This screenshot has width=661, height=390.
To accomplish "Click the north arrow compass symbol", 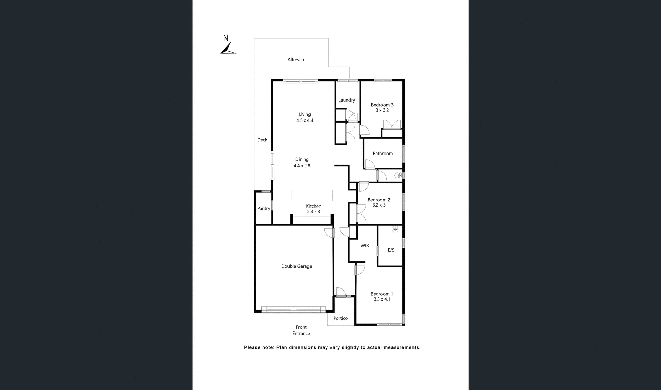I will (x=228, y=49).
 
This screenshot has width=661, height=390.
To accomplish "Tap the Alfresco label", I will (x=296, y=60).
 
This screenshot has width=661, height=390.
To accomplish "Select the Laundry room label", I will (x=346, y=100).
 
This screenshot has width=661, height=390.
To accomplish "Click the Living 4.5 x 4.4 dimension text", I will (x=305, y=120).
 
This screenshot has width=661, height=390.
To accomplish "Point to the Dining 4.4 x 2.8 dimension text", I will (x=302, y=166).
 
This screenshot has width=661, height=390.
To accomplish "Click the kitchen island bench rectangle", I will (x=312, y=195).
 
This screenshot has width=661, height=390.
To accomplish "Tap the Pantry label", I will (x=263, y=208).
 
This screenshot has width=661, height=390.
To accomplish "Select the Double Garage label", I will (x=296, y=266).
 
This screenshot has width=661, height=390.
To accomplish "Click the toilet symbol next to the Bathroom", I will (x=398, y=176).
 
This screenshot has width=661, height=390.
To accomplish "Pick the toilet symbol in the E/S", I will (x=395, y=229).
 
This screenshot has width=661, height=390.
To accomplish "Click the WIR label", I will (x=365, y=246).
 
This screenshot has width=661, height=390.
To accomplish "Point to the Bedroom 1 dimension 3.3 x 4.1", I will (x=382, y=299).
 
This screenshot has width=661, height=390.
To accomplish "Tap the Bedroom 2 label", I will (x=379, y=200).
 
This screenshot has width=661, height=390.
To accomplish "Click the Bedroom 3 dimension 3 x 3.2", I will (x=382, y=110).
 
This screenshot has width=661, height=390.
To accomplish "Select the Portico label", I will (x=340, y=318).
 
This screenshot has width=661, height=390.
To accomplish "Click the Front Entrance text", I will (x=301, y=330).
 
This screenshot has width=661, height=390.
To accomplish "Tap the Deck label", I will (x=262, y=140).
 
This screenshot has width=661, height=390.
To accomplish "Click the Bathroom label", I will (x=382, y=154).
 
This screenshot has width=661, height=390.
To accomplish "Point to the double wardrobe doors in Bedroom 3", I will (x=392, y=124).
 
